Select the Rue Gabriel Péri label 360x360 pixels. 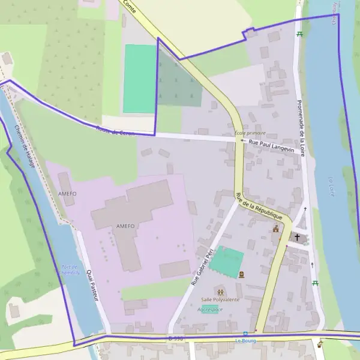[x=202, y=268]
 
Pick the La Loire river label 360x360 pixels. [x=331, y=187]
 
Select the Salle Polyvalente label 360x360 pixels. [x=220, y=299]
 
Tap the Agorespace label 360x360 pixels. [x=210, y=310]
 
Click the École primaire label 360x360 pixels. [x=250, y=133]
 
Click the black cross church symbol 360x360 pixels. [x=297, y=238]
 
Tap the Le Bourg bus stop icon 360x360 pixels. [x=245, y=334]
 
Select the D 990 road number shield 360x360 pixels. [x=175, y=339]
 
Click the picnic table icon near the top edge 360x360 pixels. [x=299, y=34]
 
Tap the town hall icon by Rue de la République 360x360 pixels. [x=276, y=229]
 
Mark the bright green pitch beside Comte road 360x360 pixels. [x=140, y=78]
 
